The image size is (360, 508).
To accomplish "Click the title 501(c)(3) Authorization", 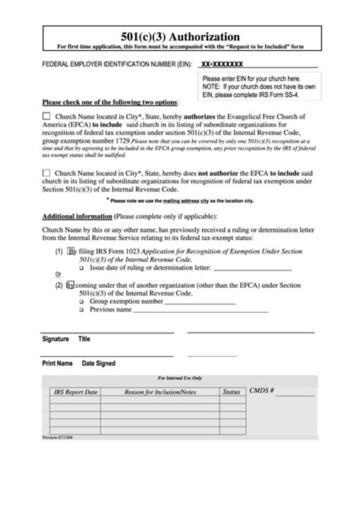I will coord(180,36).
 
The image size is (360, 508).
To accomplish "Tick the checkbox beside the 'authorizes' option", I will coord(47,115).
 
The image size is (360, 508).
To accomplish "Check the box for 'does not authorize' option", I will coord(47,173).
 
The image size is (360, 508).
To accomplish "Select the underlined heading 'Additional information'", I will coord(75,215).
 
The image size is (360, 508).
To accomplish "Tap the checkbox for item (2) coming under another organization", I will coord(70,286).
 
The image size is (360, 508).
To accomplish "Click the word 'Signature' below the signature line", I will coord(55,339).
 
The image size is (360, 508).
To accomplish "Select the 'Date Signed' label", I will coord(99,363).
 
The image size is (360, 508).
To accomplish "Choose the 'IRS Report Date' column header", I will coord(75,392).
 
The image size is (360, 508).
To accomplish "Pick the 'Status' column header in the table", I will coord(231,392).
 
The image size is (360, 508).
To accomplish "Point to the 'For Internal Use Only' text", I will coord(180,377).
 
